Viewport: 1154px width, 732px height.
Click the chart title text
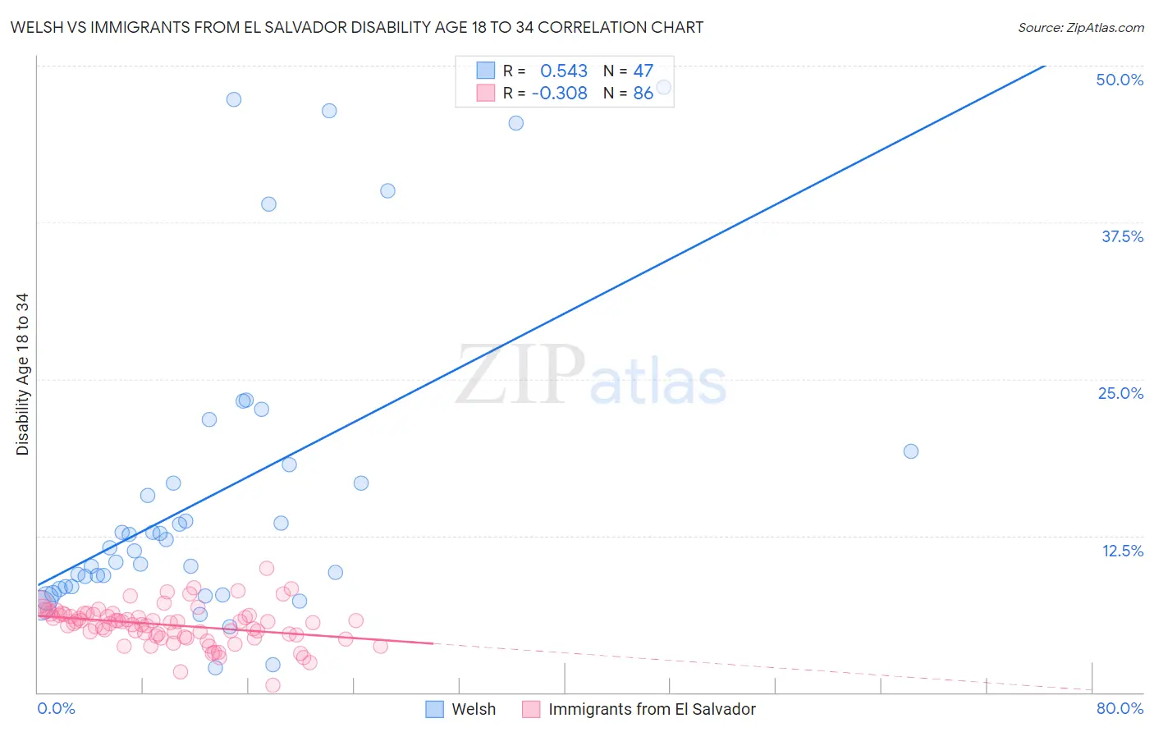pyautogui.click(x=356, y=27)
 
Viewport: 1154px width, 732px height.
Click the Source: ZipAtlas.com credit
pyautogui.click(x=1080, y=27)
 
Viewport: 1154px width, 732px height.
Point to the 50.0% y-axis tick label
pyautogui.click(x=1120, y=80)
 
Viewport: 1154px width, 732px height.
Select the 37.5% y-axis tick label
pyautogui.click(x=1122, y=236)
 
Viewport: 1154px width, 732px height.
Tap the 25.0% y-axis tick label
pyautogui.click(x=1120, y=393)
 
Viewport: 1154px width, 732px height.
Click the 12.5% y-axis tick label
pyautogui.click(x=1122, y=551)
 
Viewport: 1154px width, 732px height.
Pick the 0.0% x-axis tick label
pyautogui.click(x=56, y=708)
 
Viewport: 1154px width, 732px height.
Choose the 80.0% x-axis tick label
pyautogui.click(x=1120, y=708)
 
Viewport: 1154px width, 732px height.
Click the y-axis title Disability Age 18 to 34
pyautogui.click(x=22, y=374)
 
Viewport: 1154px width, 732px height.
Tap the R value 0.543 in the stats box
pyautogui.click(x=564, y=71)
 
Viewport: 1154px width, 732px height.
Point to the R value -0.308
pyautogui.click(x=560, y=93)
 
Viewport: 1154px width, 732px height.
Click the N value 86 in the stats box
pyautogui.click(x=643, y=93)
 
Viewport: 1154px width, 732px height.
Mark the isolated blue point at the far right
pyautogui.click(x=910, y=451)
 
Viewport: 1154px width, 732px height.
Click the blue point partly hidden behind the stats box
pyautogui.click(x=664, y=87)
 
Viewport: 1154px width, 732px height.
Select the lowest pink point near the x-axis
pyautogui.click(x=272, y=685)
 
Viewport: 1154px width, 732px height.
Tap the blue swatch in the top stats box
pyautogui.click(x=486, y=71)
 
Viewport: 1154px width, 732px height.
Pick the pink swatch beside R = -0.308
pyautogui.click(x=486, y=93)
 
